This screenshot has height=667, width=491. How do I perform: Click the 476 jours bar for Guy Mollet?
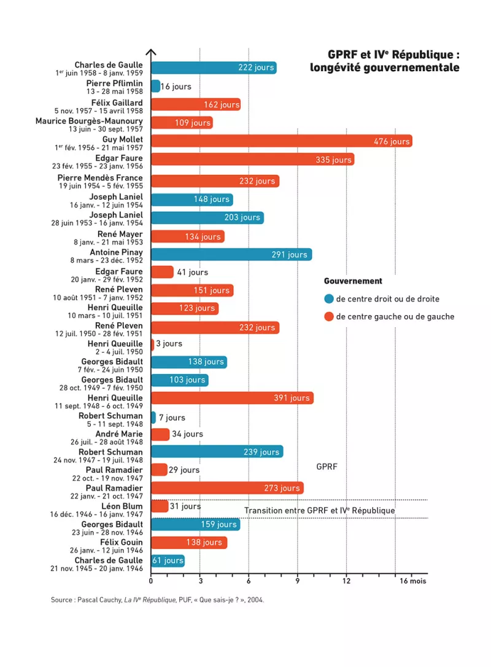(x=282, y=141)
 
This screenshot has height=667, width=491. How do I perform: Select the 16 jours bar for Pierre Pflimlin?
(x=156, y=87)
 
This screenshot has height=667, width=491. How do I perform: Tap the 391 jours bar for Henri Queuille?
(x=232, y=398)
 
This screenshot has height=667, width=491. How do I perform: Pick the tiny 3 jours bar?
(x=153, y=343)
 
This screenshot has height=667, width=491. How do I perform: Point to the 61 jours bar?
(x=168, y=561)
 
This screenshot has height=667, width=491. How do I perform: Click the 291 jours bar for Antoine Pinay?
(x=231, y=254)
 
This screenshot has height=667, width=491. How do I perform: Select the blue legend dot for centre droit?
(x=329, y=298)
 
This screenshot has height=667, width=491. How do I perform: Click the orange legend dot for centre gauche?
(x=329, y=316)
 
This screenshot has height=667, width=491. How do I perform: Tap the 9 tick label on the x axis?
(x=298, y=581)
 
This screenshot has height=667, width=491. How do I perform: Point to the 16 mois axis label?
(x=413, y=581)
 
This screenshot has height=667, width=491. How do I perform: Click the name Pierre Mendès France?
(x=100, y=178)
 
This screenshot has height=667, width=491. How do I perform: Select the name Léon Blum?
(x=122, y=506)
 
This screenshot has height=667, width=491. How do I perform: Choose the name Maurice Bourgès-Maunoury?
(x=89, y=121)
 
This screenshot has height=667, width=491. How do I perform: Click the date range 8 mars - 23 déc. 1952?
(x=107, y=260)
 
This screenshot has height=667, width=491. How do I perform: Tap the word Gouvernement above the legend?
(x=353, y=281)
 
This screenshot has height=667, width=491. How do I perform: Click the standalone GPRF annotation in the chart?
(x=327, y=467)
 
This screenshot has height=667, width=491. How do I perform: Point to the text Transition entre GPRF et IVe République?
(x=320, y=510)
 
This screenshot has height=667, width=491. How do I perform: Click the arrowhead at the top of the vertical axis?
(x=151, y=52)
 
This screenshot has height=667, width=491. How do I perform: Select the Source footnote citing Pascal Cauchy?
(x=157, y=600)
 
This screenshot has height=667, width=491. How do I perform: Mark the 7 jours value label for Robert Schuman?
(x=172, y=418)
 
